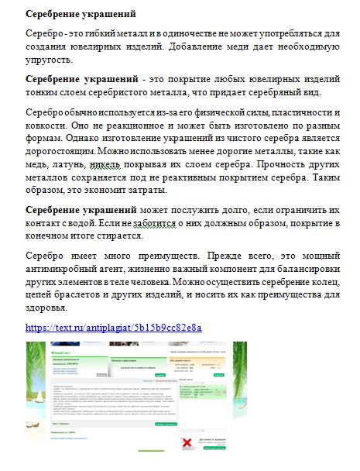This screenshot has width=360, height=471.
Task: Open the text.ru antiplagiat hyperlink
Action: tap(113, 327)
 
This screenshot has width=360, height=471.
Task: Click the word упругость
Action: tap(50, 60)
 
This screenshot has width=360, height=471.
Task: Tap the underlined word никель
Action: tap(113, 165)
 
